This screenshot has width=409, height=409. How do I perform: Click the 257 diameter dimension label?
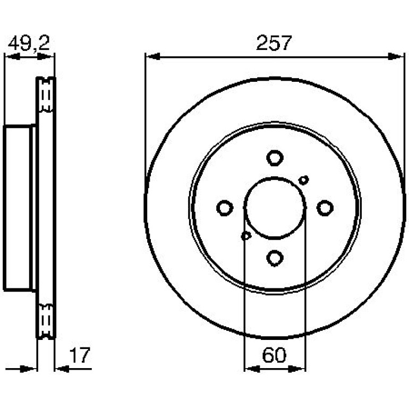pos(274,43)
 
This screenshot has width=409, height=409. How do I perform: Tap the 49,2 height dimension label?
pos(29,43)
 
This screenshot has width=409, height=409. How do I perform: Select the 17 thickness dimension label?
pos(80,355)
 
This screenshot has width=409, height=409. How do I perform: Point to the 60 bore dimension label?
pos(274,355)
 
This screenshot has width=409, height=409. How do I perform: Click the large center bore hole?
pos(275,208)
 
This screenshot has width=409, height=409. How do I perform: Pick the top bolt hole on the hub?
pos(275,158)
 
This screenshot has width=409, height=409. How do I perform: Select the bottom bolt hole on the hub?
pos(275,258)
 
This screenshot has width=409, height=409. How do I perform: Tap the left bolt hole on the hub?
pos(225,208)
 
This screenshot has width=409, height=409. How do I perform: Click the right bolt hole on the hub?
pos(325,208)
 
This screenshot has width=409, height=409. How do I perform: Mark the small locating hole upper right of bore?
pos(304,180)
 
